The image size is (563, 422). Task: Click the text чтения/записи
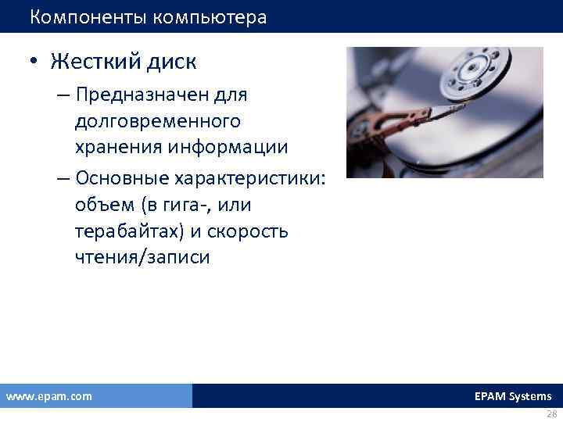tap(142, 259)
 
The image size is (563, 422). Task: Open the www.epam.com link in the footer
tap(48, 396)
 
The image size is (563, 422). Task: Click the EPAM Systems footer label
tap(512, 396)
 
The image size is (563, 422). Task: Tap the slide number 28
tap(551, 414)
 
